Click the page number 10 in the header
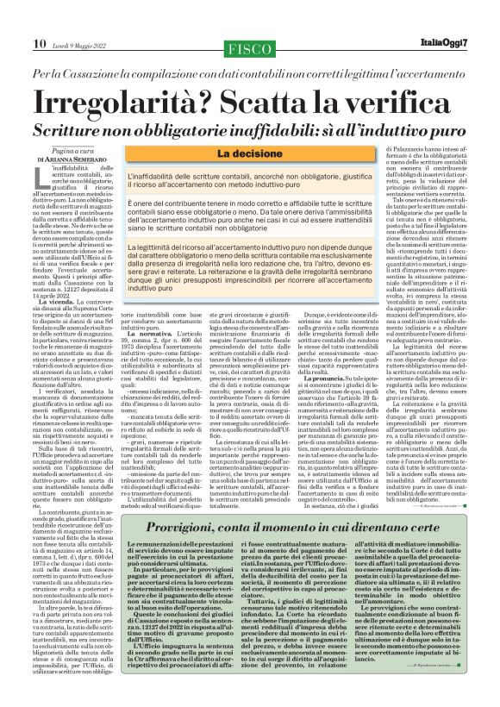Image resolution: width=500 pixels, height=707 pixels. tap(39, 19)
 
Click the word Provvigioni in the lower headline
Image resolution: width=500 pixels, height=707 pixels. tap(114, 529)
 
